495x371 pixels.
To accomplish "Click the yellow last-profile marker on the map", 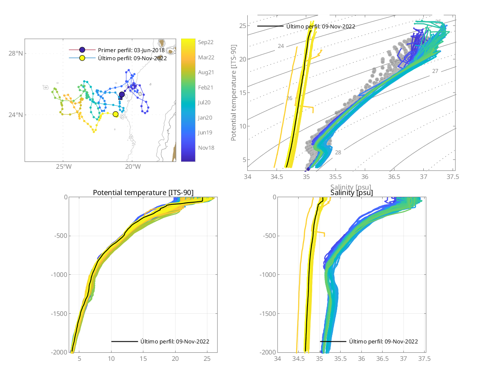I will (115, 114).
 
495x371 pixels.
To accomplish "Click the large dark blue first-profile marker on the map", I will (122, 95).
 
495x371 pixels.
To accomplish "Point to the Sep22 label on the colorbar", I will (205, 42).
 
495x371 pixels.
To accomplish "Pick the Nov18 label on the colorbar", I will (206, 148).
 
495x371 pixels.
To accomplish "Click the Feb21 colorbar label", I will (206, 87).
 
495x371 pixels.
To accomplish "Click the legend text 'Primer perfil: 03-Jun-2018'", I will (131, 50).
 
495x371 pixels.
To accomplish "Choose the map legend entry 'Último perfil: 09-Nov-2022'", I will (132, 58).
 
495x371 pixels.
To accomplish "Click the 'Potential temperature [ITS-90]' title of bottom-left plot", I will (143, 193).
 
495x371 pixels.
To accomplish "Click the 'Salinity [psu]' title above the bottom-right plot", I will (352, 193).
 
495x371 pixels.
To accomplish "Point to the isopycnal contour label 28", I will (338, 152).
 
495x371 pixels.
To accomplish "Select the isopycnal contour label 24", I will (281, 46).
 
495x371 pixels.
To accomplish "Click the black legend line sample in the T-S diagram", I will (270, 26).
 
